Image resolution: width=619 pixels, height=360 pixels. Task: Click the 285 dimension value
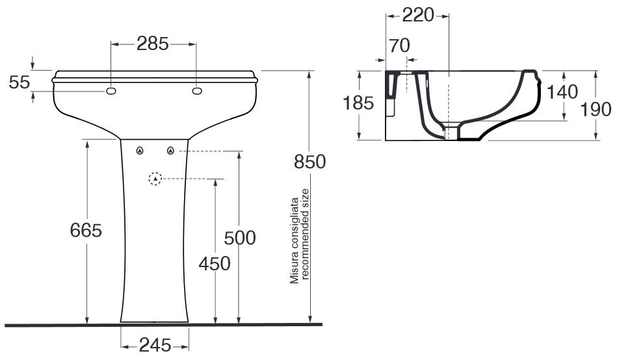pyautogui.click(x=153, y=44)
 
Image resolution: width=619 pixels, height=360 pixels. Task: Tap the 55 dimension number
pyautogui.click(x=20, y=82)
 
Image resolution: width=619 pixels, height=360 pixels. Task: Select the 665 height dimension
pyautogui.click(x=86, y=230)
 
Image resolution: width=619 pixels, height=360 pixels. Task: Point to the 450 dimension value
pyautogui.click(x=215, y=264)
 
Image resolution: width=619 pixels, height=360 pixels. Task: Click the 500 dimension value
pyautogui.click(x=240, y=238)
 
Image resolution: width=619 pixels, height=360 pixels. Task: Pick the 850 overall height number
pyautogui.click(x=310, y=162)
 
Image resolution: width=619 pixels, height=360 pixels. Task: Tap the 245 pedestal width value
pyautogui.click(x=155, y=346)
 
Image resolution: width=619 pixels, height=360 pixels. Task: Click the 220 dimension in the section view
pyautogui.click(x=418, y=16)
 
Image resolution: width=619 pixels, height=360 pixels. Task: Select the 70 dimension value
pyautogui.click(x=399, y=45)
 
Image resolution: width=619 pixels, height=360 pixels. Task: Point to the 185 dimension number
pyautogui.click(x=358, y=103)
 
